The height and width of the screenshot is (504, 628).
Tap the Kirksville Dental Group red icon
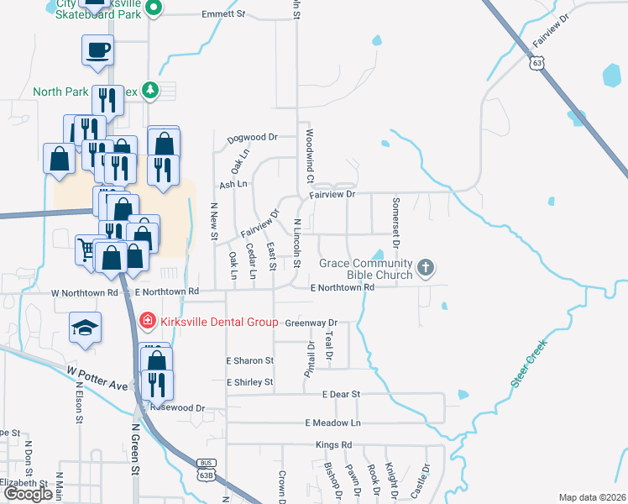(147, 320)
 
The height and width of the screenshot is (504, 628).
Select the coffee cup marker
(97, 50)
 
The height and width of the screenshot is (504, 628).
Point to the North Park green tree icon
(150, 91)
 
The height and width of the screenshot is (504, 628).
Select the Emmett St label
(224, 14)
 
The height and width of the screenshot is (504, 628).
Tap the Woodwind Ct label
(309, 156)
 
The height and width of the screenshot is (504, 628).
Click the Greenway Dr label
(311, 323)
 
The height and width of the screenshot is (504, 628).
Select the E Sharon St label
(250, 360)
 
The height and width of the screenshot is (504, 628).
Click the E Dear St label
(340, 394)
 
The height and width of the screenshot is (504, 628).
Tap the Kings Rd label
(333, 444)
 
